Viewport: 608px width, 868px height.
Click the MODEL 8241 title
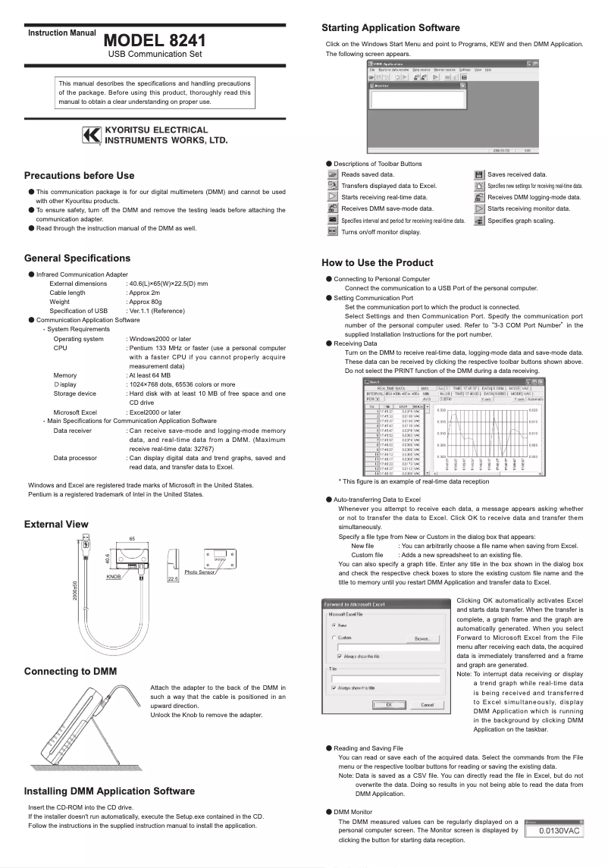155,40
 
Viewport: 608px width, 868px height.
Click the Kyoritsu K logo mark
91,135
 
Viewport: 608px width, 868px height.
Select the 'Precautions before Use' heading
79,176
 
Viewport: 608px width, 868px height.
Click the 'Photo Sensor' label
201,572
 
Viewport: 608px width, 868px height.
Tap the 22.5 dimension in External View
173,578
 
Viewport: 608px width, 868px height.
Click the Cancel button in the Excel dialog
427,705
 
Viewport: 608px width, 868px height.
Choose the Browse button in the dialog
423,639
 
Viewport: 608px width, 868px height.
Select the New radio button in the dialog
334,625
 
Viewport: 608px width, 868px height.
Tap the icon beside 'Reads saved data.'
331,174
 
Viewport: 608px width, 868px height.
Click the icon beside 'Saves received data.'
479,174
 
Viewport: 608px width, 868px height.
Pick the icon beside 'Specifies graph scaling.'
479,221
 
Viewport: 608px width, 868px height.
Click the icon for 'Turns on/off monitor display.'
331,232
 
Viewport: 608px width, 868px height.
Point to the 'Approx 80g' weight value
144,302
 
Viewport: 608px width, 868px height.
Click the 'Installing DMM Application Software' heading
109,791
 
